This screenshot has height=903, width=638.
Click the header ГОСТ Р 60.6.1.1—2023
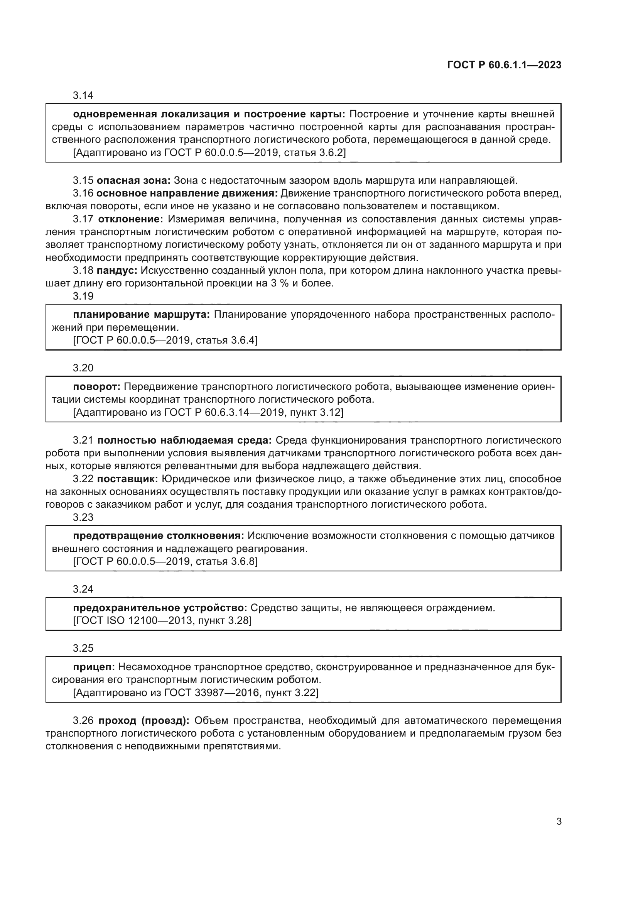point(504,65)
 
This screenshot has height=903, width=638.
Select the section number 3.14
point(83,95)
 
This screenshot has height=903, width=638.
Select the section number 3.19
point(83,296)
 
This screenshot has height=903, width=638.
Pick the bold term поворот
point(97,386)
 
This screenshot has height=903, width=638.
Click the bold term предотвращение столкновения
point(158,536)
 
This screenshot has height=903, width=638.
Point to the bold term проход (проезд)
point(144,720)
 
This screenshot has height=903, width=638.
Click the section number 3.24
point(83,589)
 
